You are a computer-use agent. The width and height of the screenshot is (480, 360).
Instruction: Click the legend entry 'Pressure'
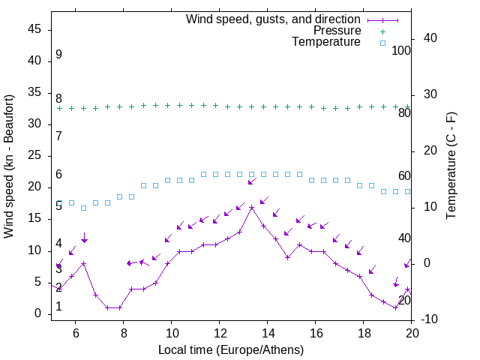(337, 31)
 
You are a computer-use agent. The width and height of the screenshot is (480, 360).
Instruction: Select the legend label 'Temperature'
(326, 42)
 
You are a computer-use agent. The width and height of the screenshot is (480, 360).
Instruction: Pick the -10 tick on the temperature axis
(430, 319)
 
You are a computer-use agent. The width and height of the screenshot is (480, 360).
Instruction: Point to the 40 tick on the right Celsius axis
(430, 38)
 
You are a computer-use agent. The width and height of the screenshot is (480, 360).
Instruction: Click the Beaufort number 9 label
(58, 55)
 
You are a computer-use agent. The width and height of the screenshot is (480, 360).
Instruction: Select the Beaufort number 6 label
(58, 175)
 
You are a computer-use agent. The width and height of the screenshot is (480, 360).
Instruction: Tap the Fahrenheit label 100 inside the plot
(402, 50)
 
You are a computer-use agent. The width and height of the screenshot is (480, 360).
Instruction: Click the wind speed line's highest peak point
(252, 207)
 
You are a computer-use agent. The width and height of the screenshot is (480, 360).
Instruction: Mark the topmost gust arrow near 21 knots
(252, 181)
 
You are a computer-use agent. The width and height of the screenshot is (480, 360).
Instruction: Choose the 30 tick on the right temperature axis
(430, 94)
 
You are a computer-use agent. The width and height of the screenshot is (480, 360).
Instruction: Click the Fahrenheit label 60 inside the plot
(404, 175)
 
